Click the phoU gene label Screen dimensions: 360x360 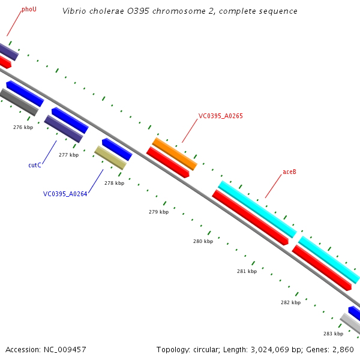(29, 10)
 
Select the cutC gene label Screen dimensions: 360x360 (35, 165)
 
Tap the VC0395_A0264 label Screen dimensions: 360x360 (65, 194)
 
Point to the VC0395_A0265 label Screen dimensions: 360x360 (220, 116)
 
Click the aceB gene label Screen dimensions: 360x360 (289, 172)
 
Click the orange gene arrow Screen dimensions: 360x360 (175, 154)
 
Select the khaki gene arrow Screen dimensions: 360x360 (110, 158)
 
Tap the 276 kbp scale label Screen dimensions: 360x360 (23, 127)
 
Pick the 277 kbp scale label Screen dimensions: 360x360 (68, 155)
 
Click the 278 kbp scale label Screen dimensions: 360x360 (114, 183)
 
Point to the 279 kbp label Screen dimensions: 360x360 (158, 212)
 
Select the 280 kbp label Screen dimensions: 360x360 (203, 241)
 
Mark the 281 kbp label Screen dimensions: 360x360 (247, 271)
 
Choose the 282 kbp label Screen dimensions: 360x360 (290, 302)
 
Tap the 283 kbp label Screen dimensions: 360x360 (333, 334)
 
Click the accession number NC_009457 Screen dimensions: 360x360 (65, 349)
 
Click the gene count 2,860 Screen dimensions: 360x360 (343, 349)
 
